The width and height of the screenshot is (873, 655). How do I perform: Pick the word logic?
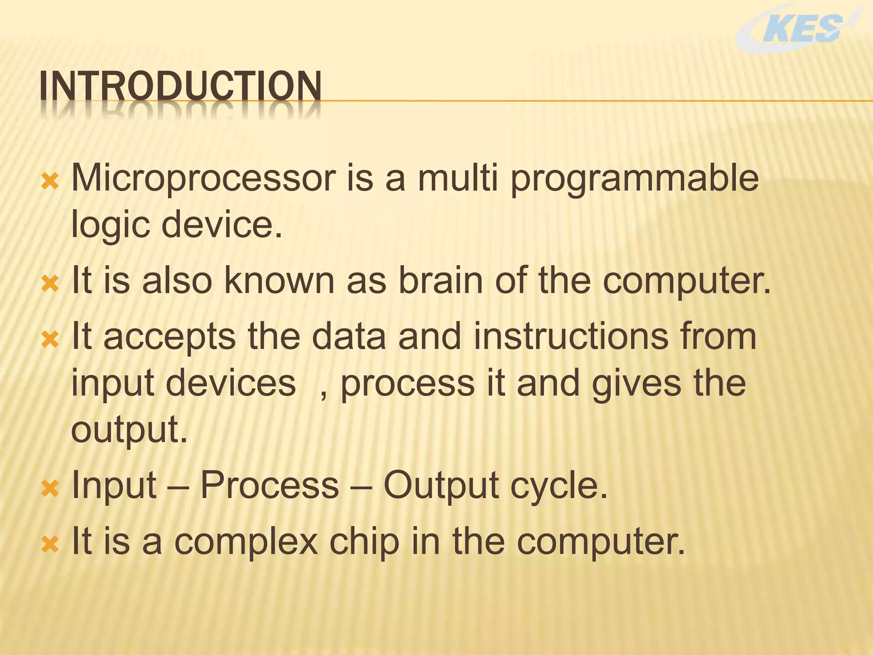(110, 225)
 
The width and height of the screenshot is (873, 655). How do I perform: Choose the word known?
(279, 280)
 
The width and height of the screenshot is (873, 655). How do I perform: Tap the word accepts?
(169, 337)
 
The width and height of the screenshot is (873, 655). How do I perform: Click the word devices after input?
(231, 383)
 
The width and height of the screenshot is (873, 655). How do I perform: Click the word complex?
(246, 542)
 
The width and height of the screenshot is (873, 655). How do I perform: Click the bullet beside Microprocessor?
(50, 182)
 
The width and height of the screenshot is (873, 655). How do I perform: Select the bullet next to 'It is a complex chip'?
(50, 545)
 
